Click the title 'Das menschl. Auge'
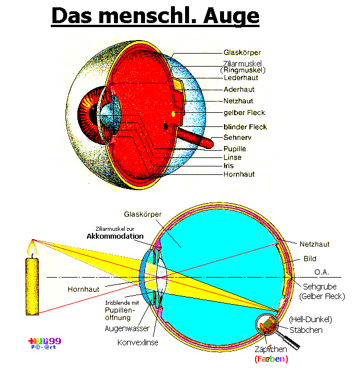(155, 16)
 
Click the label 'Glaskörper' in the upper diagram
(242, 52)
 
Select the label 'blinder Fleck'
(245, 126)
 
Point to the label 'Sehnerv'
(237, 137)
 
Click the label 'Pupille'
(235, 148)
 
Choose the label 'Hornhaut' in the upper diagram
(239, 174)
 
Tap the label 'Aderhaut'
(239, 89)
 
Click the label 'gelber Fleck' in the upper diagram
(244, 113)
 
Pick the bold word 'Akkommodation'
(116, 236)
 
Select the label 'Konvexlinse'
(138, 342)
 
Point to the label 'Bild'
(310, 259)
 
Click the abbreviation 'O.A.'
(321, 272)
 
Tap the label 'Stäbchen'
(306, 330)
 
